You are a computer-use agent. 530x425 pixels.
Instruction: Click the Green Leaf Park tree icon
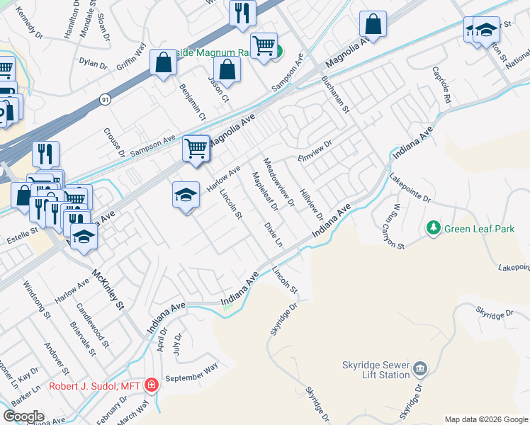coord(433,228)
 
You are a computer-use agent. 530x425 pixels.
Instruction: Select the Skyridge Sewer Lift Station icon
coord(419,368)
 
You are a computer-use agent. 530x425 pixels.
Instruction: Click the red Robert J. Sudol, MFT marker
coord(151,385)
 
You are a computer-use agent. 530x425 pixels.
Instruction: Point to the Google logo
coord(23,416)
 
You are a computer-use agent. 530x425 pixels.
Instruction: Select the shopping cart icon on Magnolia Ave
coord(196,148)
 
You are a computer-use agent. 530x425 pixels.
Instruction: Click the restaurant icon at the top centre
coord(242,12)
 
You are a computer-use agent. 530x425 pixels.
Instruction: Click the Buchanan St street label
coord(336,95)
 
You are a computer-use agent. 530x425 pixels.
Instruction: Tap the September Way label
coord(191,373)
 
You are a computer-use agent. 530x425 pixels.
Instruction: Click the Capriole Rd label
coord(442,86)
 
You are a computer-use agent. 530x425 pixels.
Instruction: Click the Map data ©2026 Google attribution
coord(485,419)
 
